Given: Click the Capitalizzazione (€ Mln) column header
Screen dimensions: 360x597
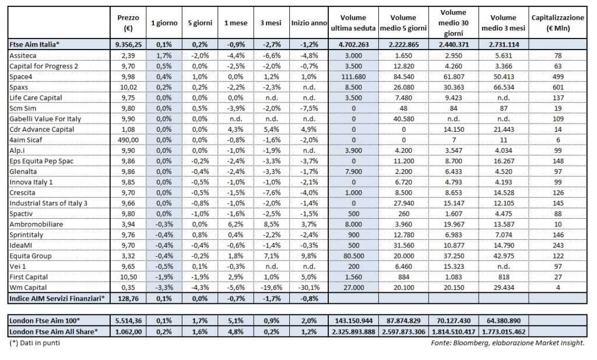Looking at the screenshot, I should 557,23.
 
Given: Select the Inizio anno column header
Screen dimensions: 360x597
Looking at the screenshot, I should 308,23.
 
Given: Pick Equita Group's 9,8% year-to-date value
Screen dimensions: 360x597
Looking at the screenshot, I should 308,256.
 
